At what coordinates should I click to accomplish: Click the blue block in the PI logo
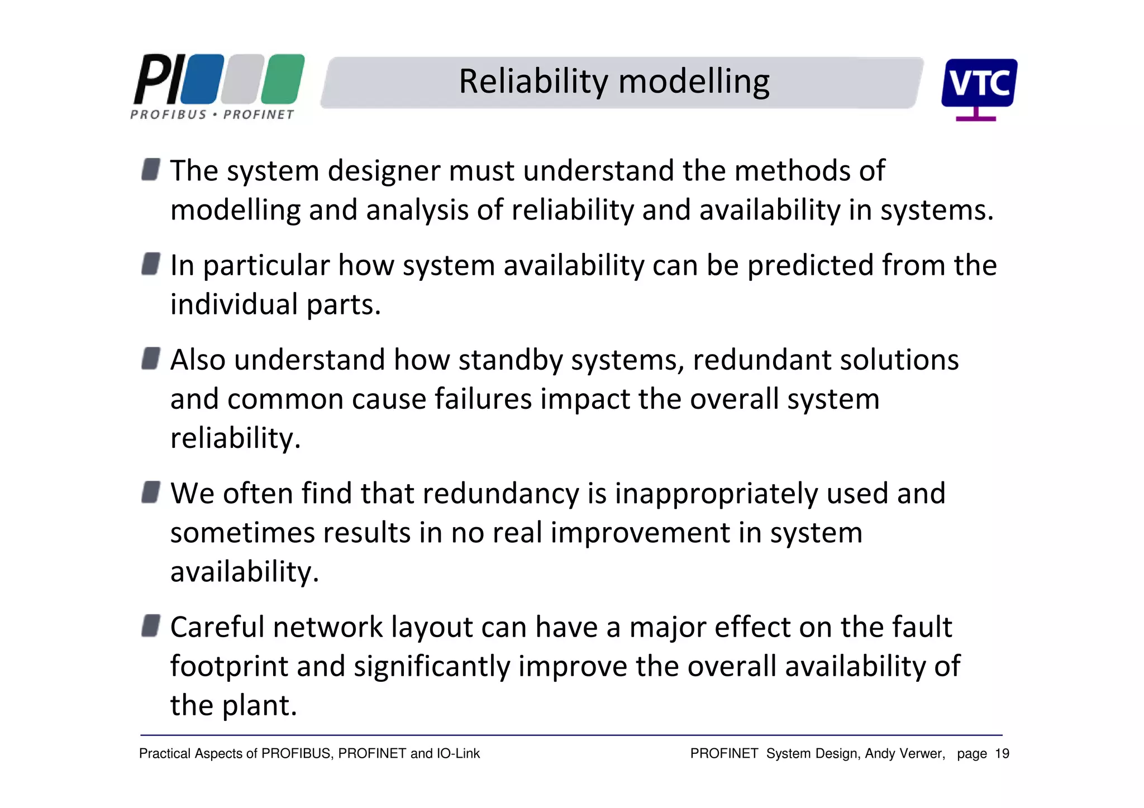click(202, 79)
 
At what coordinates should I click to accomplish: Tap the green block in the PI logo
click(283, 79)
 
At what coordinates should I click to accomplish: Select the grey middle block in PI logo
click(242, 79)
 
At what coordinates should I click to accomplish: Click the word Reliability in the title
click(533, 82)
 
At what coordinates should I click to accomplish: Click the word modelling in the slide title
click(694, 82)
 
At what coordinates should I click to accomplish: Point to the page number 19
click(1002, 754)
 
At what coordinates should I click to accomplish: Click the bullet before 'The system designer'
click(151, 169)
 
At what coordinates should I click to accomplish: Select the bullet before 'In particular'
click(151, 264)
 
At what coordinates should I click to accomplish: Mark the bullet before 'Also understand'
click(151, 358)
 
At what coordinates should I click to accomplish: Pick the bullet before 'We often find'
click(151, 492)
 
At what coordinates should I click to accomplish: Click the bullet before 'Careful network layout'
click(151, 625)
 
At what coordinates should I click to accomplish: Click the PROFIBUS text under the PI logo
click(169, 114)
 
